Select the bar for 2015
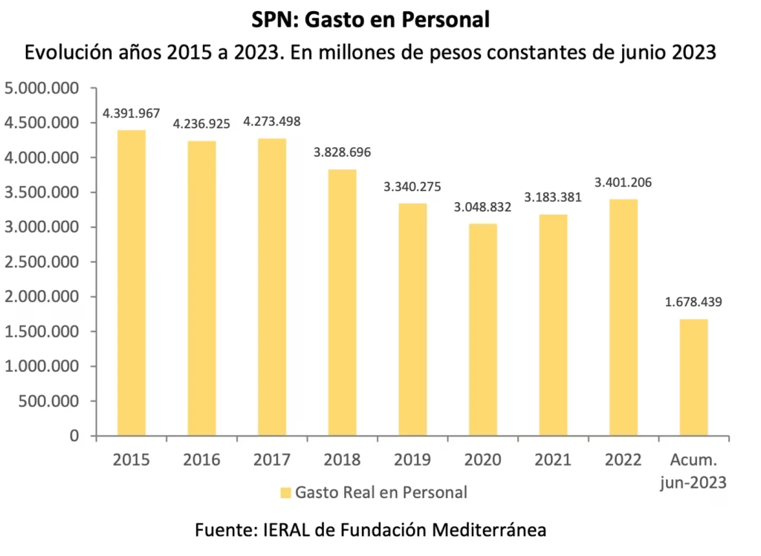click(131, 282)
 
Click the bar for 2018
click(342, 303)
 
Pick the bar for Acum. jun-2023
click(693, 378)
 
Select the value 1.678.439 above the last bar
click(693, 303)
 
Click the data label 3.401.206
click(623, 182)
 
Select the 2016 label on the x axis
click(201, 459)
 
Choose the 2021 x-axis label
click(553, 459)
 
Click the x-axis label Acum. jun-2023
click(693, 471)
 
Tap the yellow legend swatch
click(286, 492)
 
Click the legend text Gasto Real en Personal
click(381, 492)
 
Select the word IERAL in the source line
click(288, 530)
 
